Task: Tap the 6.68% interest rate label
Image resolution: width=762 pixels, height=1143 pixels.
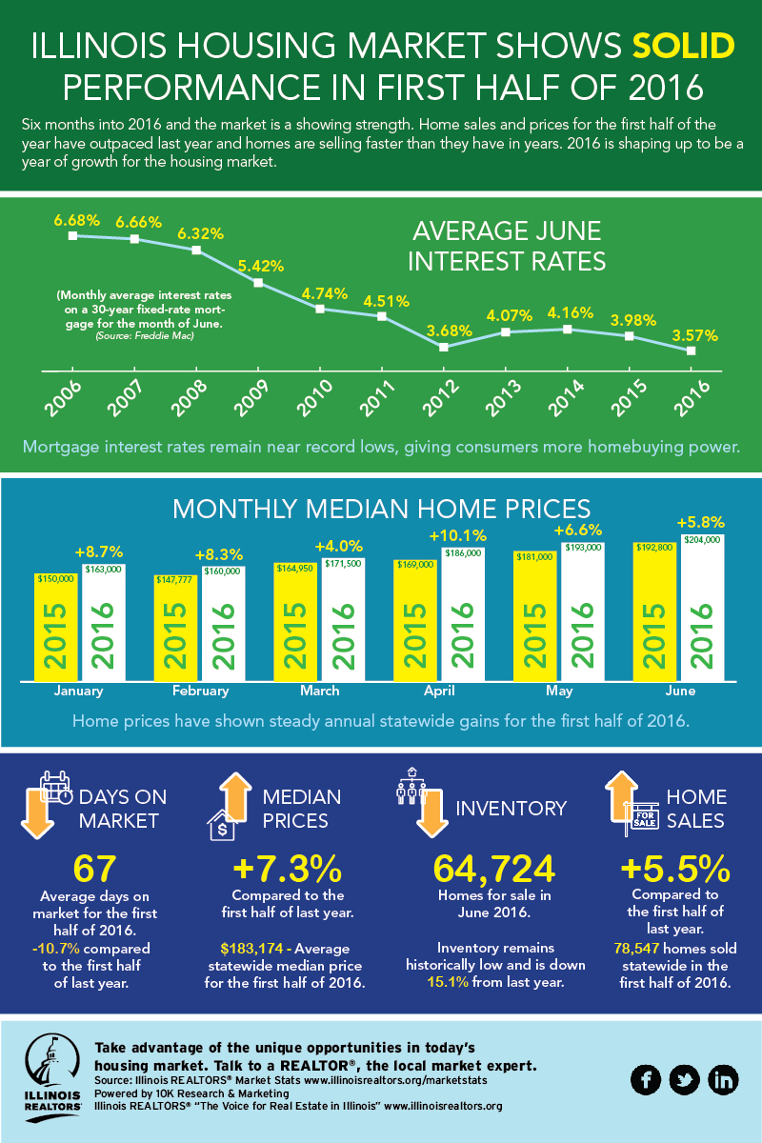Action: point(77,220)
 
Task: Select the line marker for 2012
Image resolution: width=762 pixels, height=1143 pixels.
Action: point(444,347)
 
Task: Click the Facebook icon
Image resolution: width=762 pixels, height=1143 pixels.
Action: point(647,1078)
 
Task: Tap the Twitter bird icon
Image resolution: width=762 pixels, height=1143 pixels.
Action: point(685,1078)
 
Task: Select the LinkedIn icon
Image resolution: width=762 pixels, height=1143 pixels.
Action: point(724,1078)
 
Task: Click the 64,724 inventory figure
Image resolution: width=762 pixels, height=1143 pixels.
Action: point(493,870)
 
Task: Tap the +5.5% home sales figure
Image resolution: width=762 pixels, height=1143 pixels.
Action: point(674,870)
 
